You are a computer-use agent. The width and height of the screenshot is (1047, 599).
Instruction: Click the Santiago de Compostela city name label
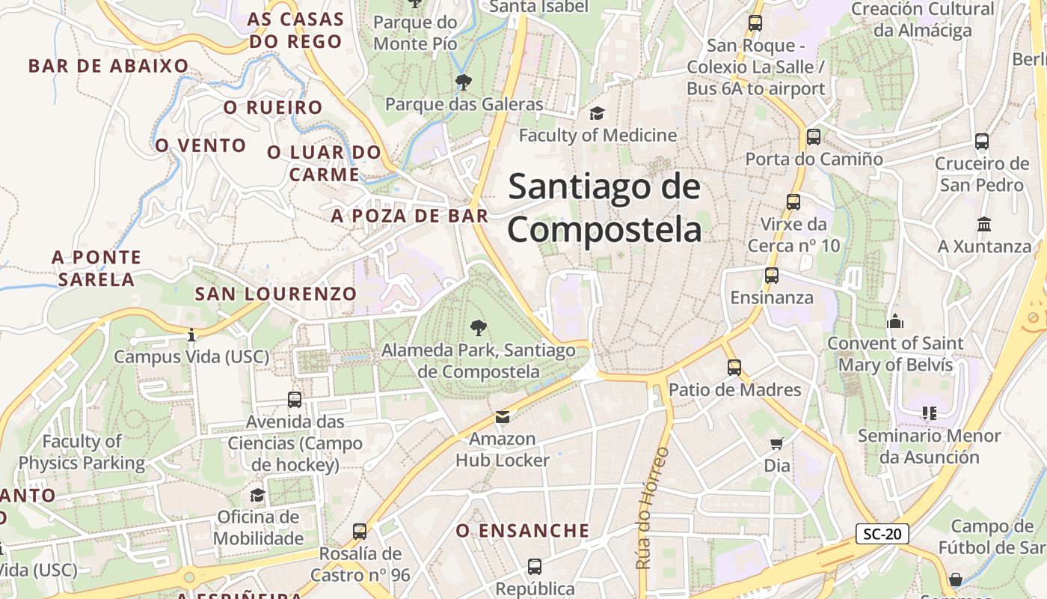click(604, 208)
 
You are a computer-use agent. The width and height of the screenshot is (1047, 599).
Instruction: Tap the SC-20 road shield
click(882, 534)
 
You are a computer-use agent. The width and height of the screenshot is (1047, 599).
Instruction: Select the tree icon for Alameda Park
click(479, 327)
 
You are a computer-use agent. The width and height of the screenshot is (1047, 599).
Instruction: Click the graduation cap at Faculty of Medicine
click(597, 113)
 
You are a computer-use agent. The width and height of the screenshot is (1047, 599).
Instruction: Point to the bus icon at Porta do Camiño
click(814, 137)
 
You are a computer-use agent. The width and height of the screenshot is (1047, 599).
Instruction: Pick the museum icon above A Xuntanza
click(984, 224)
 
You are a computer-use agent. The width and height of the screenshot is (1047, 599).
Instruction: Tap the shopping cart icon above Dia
click(777, 443)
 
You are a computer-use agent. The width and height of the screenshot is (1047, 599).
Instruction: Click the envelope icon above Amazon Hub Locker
click(503, 417)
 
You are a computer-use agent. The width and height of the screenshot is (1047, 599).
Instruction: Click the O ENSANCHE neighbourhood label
click(523, 531)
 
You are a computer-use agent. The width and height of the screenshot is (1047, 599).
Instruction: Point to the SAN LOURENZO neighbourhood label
click(276, 294)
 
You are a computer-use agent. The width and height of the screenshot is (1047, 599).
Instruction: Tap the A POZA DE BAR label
click(410, 216)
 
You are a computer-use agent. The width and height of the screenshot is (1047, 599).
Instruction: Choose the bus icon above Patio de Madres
click(734, 368)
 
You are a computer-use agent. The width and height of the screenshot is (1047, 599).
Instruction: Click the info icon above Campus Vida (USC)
click(191, 335)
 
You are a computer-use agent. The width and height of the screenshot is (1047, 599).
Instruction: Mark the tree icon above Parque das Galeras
click(464, 82)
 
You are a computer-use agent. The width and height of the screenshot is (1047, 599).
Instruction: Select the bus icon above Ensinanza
click(772, 276)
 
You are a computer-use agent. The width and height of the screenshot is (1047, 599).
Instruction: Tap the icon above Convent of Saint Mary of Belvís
click(895, 321)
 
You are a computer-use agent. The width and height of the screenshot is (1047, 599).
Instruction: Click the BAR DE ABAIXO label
click(108, 66)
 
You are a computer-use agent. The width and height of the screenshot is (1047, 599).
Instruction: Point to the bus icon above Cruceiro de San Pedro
click(982, 141)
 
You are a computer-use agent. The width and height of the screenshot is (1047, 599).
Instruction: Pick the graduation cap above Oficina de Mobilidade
click(258, 495)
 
